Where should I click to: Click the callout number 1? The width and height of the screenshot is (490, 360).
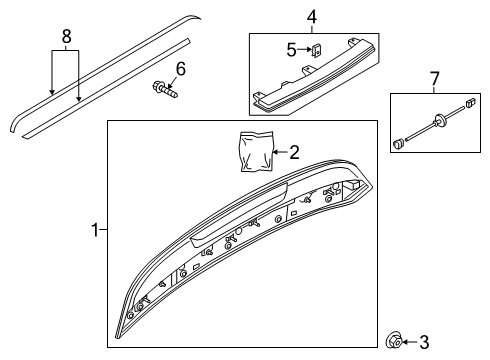[95, 230]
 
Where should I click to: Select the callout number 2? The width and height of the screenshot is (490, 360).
[294, 152]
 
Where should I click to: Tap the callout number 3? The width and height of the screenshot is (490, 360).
[424, 342]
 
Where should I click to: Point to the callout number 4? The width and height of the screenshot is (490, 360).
[312, 17]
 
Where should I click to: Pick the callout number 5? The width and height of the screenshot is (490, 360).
[291, 50]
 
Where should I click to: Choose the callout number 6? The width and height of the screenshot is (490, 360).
[181, 69]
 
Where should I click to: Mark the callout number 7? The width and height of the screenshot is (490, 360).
[435, 79]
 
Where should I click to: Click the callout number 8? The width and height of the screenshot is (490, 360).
[67, 36]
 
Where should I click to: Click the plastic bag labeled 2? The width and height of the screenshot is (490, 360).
[257, 152]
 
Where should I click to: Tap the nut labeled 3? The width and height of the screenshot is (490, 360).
[393, 341]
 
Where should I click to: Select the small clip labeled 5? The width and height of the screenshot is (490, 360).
[316, 50]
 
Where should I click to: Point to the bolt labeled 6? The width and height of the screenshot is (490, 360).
[165, 89]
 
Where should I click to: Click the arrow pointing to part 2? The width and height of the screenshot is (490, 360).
[280, 152]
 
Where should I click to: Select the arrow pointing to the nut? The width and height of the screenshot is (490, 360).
[410, 342]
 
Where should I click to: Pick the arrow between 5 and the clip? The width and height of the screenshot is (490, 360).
[304, 50]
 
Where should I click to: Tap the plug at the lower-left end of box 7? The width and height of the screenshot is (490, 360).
[398, 144]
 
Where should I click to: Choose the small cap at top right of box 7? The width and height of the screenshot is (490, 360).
[470, 102]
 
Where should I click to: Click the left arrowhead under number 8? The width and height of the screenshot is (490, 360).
[52, 92]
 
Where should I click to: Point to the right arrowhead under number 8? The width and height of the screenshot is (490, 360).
[79, 98]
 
